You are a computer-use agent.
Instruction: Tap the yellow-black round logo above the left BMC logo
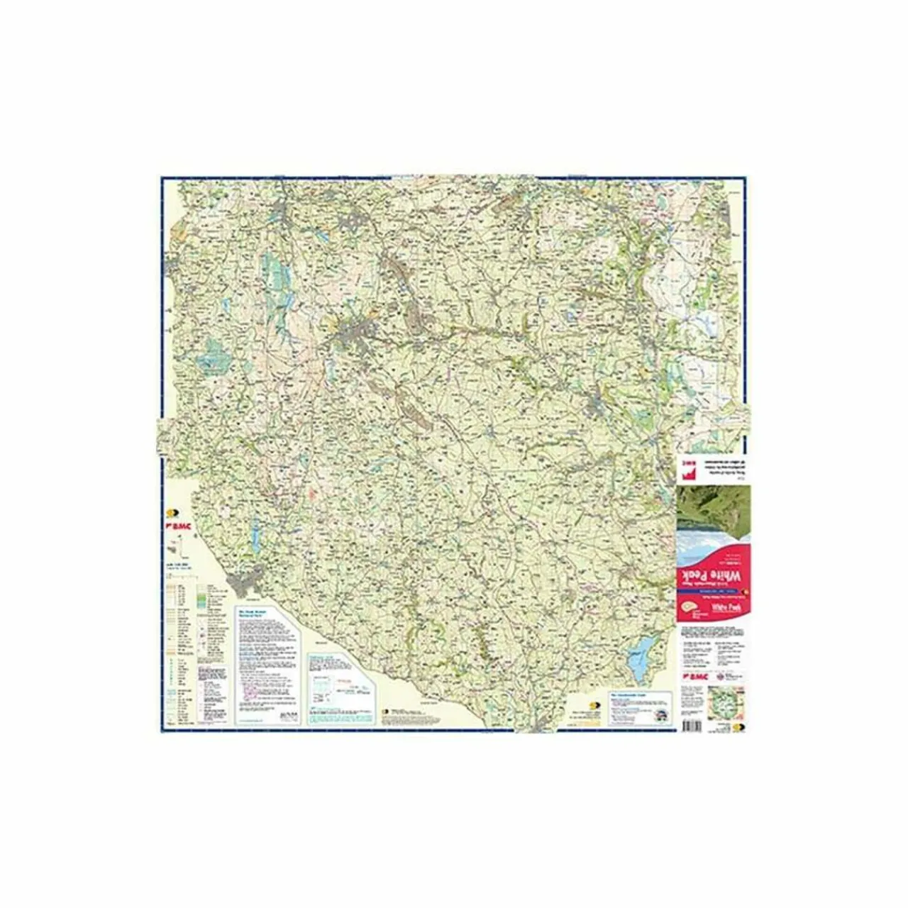pyautogui.click(x=170, y=513)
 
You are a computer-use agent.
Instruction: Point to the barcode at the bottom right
pyautogui.click(x=691, y=724)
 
